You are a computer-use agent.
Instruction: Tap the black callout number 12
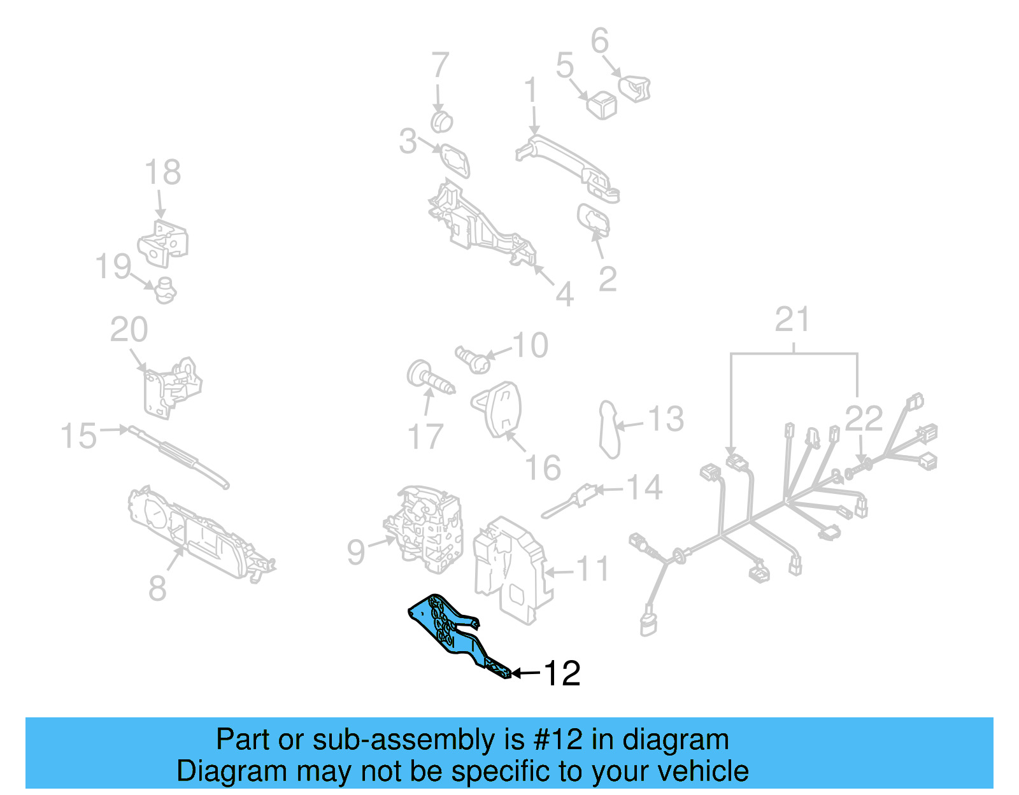coord(562,673)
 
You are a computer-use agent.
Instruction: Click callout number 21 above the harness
coord(792,320)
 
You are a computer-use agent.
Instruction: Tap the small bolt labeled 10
coord(473,360)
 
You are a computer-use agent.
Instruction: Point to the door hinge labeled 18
coord(164,243)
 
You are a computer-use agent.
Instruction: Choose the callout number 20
coord(129,330)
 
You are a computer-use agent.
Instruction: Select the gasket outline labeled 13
coord(609,430)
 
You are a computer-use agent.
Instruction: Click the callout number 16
coord(543,468)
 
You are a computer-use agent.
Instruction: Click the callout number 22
coord(864,419)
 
